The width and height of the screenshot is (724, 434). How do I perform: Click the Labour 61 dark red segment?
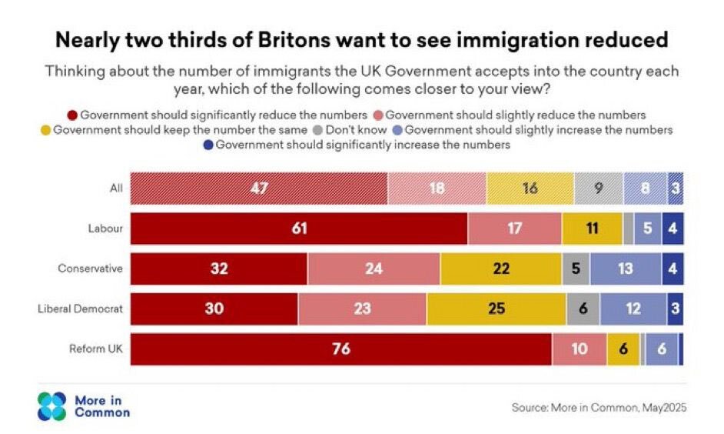(x=299, y=229)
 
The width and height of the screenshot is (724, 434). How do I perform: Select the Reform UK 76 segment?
(x=341, y=349)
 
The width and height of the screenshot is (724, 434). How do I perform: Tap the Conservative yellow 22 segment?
(x=501, y=269)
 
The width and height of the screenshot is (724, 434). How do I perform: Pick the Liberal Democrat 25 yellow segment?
(x=496, y=309)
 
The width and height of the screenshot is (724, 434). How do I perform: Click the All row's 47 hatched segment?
(x=259, y=188)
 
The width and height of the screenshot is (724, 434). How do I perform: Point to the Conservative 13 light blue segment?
(x=626, y=269)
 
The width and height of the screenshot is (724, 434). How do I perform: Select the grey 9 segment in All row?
(x=598, y=188)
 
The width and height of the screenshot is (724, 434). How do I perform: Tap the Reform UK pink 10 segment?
(x=579, y=349)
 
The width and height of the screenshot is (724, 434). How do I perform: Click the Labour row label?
(x=107, y=229)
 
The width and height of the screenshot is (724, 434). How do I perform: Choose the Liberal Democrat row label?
(x=81, y=309)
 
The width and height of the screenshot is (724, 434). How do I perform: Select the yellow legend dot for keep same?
(x=45, y=129)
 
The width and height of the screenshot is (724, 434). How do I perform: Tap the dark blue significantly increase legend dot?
(x=208, y=144)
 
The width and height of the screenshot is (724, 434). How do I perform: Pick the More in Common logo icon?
(x=53, y=406)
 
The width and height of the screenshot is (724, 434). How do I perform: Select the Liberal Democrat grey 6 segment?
(x=583, y=309)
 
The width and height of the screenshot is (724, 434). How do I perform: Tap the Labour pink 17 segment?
(x=514, y=229)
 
